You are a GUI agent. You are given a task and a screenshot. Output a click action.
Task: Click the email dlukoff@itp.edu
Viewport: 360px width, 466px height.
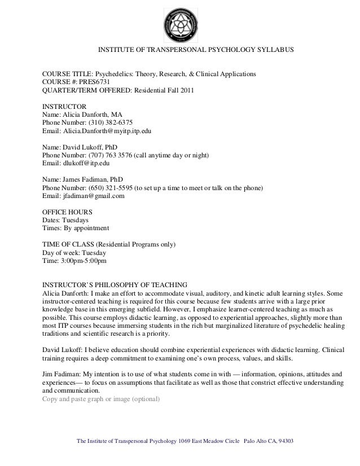tap(84, 164)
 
